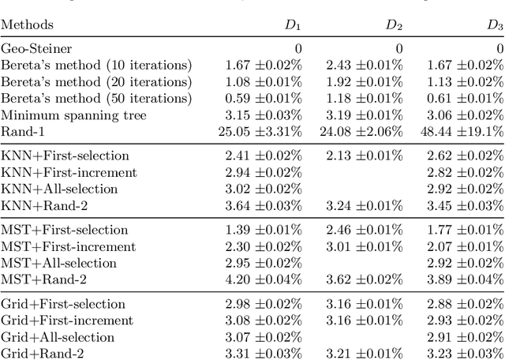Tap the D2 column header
point(394,25)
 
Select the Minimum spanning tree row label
point(63,114)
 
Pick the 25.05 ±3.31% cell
point(260,131)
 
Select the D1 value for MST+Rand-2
point(263,279)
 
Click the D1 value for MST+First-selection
point(263,230)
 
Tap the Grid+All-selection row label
point(59,337)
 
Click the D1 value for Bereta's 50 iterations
point(263,98)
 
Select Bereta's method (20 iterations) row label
point(95,81)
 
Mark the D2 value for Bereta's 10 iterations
point(364,65)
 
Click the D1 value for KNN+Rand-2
point(263,205)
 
